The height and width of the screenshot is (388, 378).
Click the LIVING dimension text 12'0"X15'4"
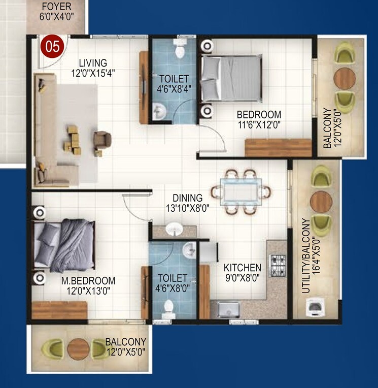tap(93, 73)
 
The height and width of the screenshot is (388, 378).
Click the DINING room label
tap(187, 198)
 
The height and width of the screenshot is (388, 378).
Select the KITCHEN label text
tap(243, 268)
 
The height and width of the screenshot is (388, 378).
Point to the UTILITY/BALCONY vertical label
tap(305, 256)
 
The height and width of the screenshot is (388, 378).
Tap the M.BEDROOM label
tap(88, 281)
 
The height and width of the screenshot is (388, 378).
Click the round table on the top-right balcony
tap(345, 77)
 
